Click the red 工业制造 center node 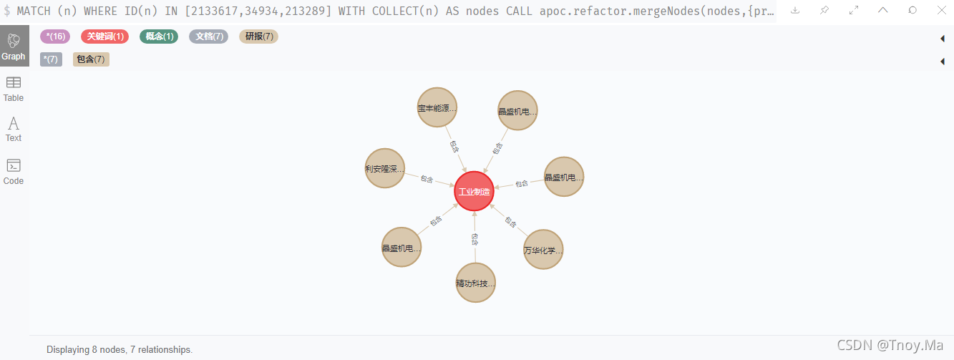tap(474, 192)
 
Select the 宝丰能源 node tap(437, 109)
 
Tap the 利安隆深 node tap(385, 169)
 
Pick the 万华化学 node tap(543, 250)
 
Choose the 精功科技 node tap(475, 283)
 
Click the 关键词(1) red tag tap(105, 37)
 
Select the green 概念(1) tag tap(159, 37)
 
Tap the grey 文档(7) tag tap(208, 37)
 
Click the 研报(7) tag tap(258, 37)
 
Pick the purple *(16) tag tap(55, 37)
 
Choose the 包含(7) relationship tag tap(91, 59)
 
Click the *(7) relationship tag tap(51, 59)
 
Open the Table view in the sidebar tap(14, 89)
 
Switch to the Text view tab tap(14, 129)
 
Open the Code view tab tap(14, 172)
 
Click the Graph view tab tap(14, 47)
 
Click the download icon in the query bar tap(794, 10)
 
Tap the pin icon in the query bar tap(824, 10)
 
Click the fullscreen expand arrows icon tap(854, 10)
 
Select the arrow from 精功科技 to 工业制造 tap(474, 238)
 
